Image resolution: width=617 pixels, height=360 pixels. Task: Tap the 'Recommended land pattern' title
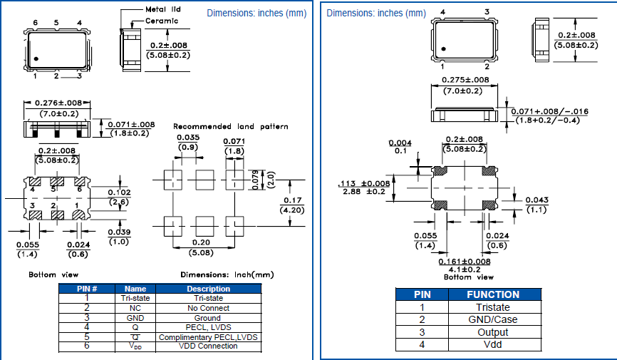[231, 126]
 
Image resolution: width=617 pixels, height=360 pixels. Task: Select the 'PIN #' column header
[86, 289]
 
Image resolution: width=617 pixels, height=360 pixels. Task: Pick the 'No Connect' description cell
[208, 308]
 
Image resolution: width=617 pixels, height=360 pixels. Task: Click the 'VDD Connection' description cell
[208, 346]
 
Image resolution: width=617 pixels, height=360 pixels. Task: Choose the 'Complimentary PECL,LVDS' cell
[208, 337]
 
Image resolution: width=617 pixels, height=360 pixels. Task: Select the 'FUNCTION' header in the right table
[493, 294]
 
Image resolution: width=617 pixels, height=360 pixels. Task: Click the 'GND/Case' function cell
[493, 319]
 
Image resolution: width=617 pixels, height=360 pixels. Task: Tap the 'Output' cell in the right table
[493, 332]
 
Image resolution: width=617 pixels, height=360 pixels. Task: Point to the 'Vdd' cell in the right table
[493, 345]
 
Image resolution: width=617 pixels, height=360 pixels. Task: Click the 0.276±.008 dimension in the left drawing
[56, 103]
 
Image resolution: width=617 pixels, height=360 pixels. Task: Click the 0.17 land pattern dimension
[288, 200]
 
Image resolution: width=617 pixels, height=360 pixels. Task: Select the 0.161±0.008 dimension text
[465, 262]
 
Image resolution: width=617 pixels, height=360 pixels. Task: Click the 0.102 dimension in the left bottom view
[119, 192]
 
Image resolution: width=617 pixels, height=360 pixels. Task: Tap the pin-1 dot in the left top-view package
[36, 58]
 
